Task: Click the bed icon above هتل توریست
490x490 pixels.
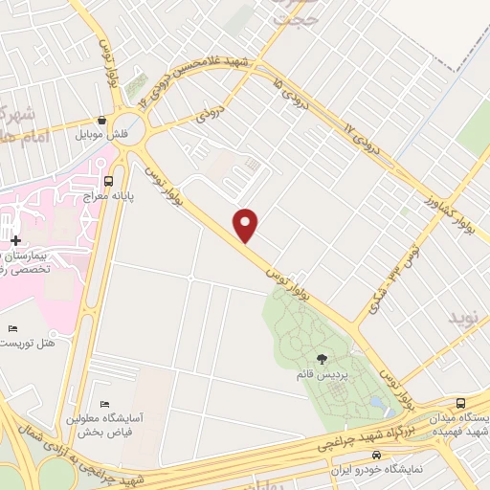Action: click(11, 328)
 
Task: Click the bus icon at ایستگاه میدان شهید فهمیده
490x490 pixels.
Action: click(461, 403)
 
